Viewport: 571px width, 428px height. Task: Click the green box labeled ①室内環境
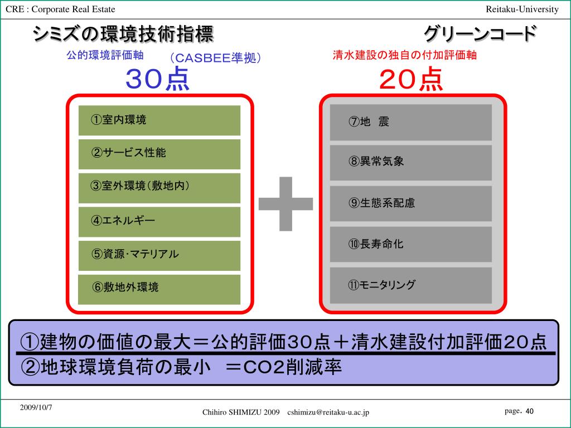click(159, 120)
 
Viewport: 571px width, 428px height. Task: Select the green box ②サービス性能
click(159, 154)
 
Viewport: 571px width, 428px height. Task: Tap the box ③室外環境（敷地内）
click(159, 188)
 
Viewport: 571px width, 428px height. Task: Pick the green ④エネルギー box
click(159, 221)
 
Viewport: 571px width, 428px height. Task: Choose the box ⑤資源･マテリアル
click(159, 255)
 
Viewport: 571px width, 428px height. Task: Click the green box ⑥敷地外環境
click(159, 289)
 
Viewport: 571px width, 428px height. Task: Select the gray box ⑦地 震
click(411, 122)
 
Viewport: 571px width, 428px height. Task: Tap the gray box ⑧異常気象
click(411, 162)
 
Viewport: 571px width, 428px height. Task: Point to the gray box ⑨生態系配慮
click(411, 203)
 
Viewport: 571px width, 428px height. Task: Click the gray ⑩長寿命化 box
click(411, 244)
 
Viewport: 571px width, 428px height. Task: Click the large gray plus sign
click(286, 203)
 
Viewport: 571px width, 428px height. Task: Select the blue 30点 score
click(158, 79)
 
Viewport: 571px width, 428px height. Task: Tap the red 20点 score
click(411, 79)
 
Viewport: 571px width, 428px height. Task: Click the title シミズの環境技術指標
click(123, 34)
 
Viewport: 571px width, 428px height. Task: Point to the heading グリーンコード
click(480, 34)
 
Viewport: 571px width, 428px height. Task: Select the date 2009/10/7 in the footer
click(36, 407)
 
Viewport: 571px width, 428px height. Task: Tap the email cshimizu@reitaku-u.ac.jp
click(328, 412)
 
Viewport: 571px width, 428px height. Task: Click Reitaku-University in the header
click(522, 9)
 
